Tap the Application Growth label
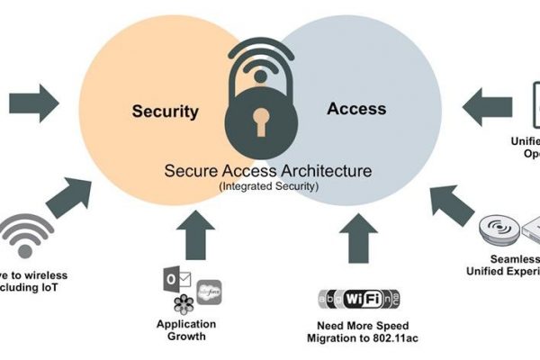186,331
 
